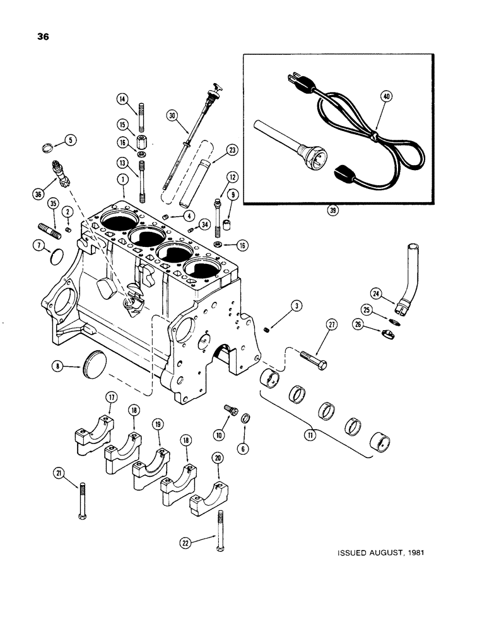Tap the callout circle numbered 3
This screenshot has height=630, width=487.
coord(296,307)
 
